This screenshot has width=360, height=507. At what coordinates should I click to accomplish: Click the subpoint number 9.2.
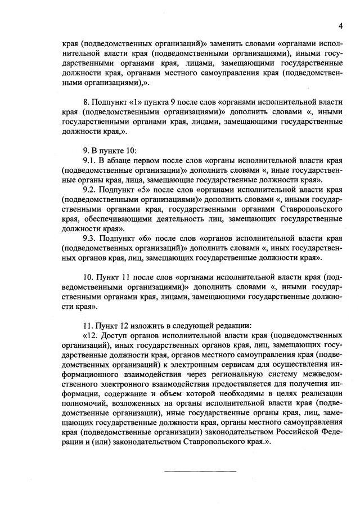89,190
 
